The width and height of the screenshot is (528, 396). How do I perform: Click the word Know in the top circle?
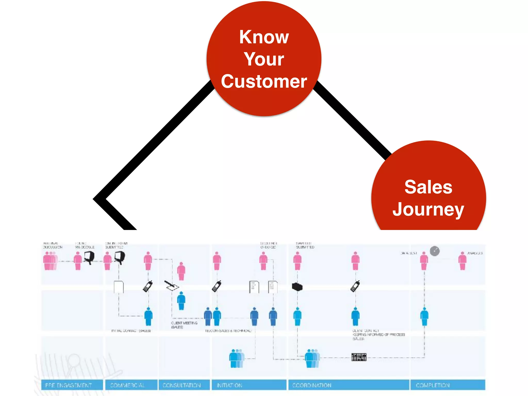264,37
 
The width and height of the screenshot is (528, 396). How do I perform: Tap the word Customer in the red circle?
264,81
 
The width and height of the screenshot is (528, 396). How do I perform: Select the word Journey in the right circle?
428,209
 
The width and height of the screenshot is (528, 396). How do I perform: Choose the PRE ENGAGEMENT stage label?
69,385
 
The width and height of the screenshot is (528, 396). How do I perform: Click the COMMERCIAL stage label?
128,385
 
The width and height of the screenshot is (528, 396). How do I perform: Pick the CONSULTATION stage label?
181,385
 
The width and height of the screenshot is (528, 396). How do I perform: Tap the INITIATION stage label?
229,385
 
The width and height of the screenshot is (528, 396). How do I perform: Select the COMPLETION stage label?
433,385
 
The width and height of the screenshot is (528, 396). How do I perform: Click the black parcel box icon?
297,287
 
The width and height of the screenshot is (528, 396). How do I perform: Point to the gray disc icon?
435,251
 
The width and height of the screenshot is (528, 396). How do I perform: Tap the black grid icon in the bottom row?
359,357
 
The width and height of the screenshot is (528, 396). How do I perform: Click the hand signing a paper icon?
171,285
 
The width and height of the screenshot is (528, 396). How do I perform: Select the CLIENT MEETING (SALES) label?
184,325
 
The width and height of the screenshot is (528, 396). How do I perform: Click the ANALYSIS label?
475,253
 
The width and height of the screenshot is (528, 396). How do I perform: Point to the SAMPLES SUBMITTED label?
305,245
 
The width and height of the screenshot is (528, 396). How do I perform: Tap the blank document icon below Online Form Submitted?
119,287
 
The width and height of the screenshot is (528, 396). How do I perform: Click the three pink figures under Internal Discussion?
50,261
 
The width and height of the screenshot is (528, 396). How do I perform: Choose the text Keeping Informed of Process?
378,335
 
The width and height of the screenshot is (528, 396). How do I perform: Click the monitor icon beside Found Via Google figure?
89,257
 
